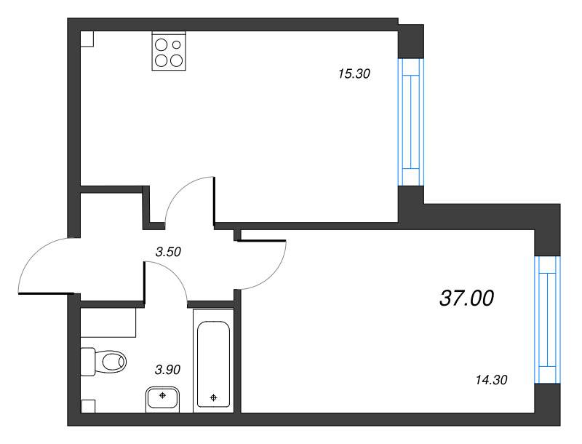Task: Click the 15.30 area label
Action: coord(354,74)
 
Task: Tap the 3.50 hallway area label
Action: coord(168,252)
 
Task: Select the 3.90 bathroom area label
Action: coord(167,370)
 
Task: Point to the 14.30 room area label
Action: coord(491,380)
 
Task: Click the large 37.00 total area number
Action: coord(466,298)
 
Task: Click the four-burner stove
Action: coord(169,51)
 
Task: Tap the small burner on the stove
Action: coord(177,44)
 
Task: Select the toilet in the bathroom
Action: coord(103,362)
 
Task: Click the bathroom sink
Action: coord(162,399)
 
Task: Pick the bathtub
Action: coord(213,360)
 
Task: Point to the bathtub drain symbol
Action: coord(213,398)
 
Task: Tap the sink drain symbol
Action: coord(162,395)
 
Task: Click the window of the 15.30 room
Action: coord(411,122)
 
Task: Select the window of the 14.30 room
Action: coord(548,320)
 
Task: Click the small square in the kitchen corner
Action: coord(87,39)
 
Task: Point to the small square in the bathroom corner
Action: coord(88,406)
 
